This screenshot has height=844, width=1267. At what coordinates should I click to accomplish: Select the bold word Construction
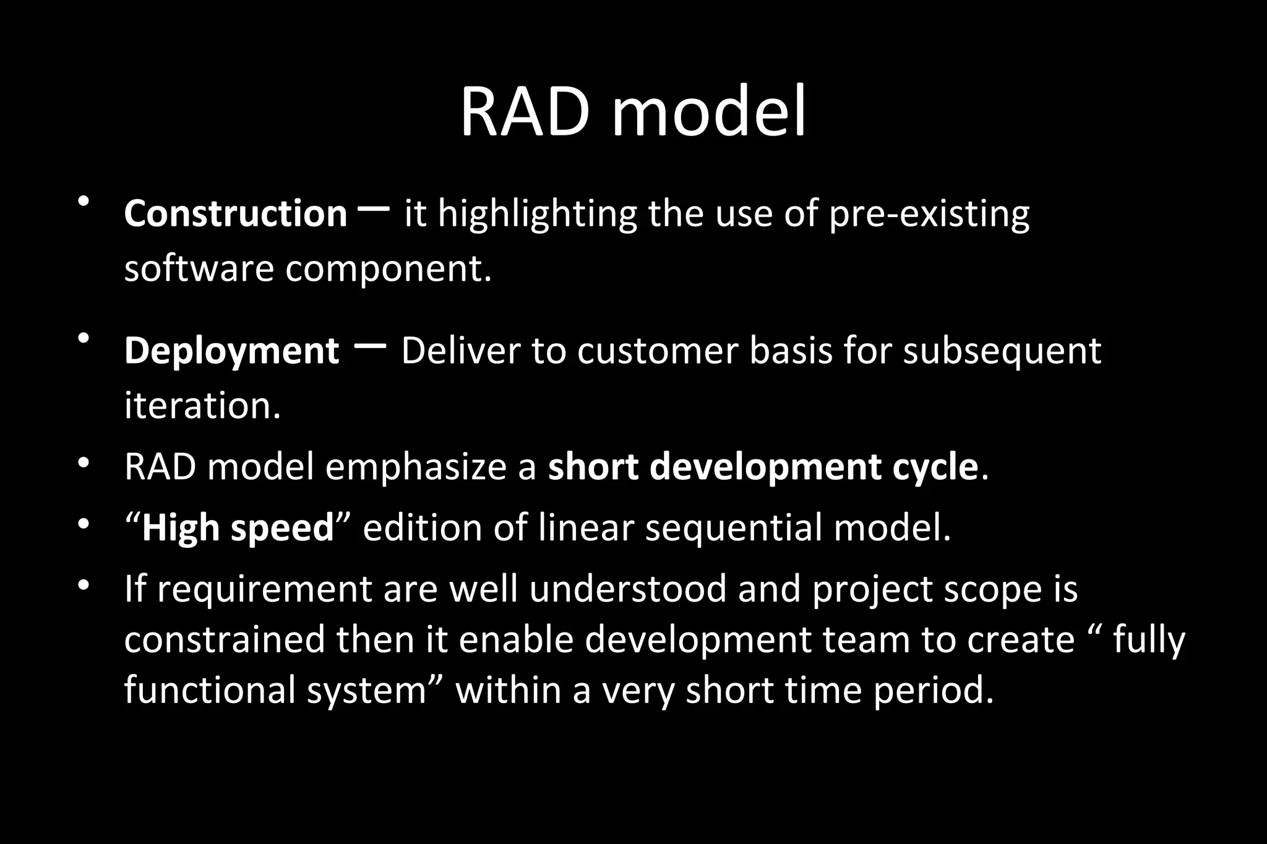click(x=235, y=214)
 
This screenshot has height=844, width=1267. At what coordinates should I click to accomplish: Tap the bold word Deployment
click(x=231, y=351)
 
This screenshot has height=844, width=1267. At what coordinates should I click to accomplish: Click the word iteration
click(x=202, y=406)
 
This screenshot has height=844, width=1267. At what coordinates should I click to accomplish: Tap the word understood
click(x=628, y=589)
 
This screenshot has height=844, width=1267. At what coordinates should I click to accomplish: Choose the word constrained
click(x=224, y=640)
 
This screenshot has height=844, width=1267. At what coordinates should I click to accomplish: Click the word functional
click(x=210, y=690)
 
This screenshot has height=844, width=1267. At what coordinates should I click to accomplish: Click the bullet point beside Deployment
click(x=84, y=338)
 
